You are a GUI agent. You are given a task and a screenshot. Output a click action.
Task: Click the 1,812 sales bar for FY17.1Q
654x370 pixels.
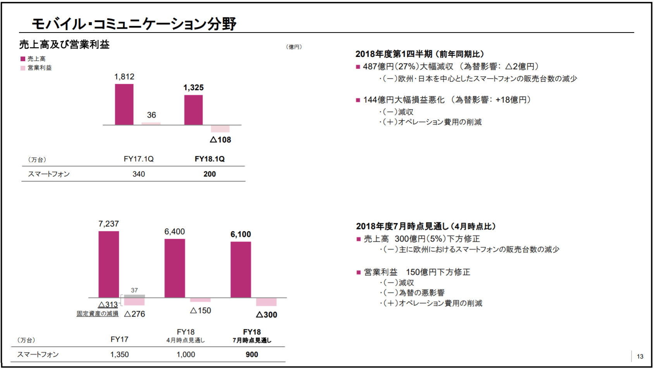click(x=124, y=104)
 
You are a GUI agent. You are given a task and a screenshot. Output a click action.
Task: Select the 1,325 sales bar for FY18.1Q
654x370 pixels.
click(x=193, y=110)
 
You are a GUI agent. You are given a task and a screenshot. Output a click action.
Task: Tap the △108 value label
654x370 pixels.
click(x=220, y=140)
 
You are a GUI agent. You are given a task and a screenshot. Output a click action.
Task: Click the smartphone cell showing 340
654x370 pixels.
click(x=139, y=174)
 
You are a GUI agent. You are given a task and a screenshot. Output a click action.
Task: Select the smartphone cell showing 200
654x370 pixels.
click(x=210, y=174)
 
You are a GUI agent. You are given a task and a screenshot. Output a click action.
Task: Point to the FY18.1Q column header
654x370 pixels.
click(x=210, y=159)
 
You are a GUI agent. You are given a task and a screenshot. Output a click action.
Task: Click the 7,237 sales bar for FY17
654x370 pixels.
click(x=108, y=264)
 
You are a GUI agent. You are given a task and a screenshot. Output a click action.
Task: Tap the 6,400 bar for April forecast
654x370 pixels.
click(x=175, y=268)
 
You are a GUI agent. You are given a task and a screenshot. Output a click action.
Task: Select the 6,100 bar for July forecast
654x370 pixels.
click(x=241, y=270)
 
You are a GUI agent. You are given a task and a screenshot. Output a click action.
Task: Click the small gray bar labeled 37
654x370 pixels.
click(x=134, y=296)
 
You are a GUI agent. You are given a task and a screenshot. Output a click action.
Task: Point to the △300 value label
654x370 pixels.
click(x=267, y=315)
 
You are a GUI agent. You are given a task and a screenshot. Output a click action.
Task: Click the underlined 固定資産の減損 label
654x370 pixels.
click(x=97, y=313)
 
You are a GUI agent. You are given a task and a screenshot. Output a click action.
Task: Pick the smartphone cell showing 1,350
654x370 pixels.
click(x=119, y=355)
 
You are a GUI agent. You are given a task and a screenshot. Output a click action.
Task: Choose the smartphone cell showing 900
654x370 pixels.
click(x=252, y=355)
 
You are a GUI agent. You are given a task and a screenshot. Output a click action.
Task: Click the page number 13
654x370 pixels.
click(x=640, y=356)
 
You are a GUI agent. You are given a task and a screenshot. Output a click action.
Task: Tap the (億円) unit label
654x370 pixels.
click(x=294, y=47)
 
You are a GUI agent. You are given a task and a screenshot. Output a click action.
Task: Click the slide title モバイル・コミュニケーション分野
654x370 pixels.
click(x=134, y=24)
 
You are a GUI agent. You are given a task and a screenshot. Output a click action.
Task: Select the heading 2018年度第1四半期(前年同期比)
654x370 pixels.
click(x=420, y=54)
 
